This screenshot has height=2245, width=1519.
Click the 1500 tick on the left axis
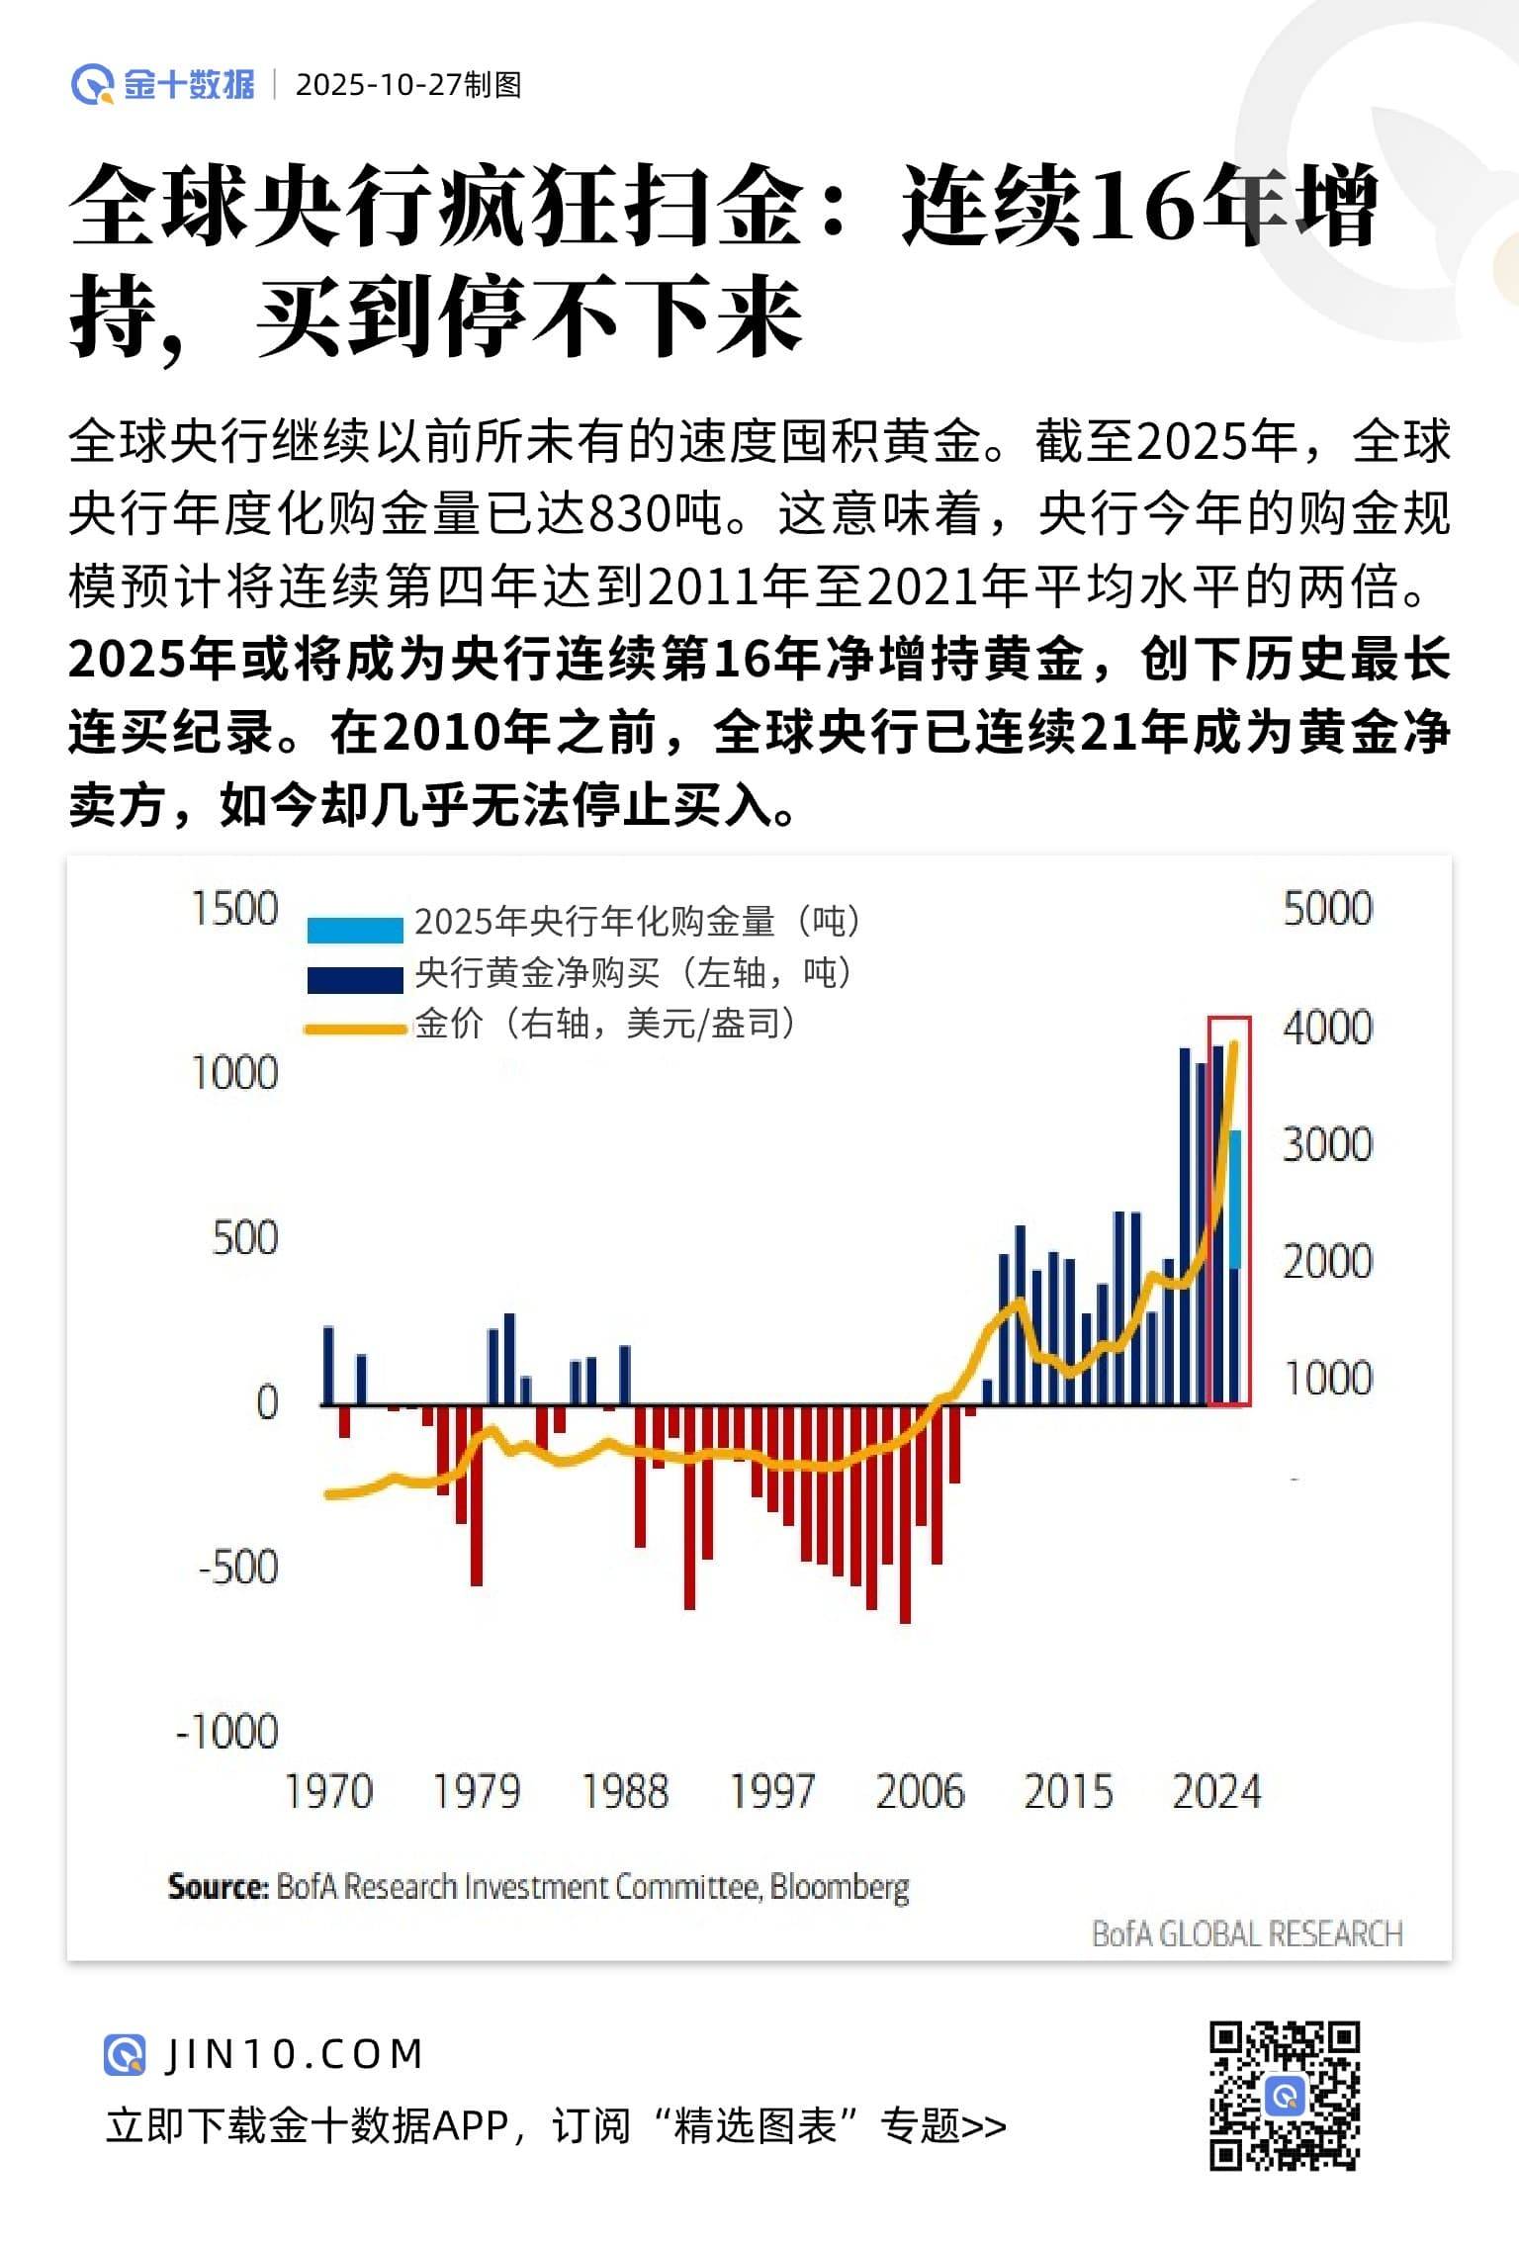pyautogui.click(x=235, y=909)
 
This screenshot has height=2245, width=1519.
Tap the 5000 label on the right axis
pyautogui.click(x=1327, y=909)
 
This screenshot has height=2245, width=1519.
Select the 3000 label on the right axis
pyautogui.click(x=1327, y=1144)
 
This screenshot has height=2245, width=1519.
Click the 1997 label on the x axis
pyautogui.click(x=771, y=1792)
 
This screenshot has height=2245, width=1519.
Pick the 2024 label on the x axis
pyautogui.click(x=1216, y=1792)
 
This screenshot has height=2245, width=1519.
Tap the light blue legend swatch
pyautogui.click(x=355, y=930)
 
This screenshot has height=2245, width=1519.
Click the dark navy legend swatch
pyautogui.click(x=355, y=979)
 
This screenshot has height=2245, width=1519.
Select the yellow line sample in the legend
pyautogui.click(x=355, y=1030)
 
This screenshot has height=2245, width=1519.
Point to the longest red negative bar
pyautogui.click(x=905, y=1513)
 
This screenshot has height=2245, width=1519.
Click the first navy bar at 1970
pyautogui.click(x=328, y=1365)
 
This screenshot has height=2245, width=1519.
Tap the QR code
pyautogui.click(x=1285, y=2096)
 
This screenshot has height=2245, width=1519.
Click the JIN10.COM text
pyautogui.click(x=294, y=2054)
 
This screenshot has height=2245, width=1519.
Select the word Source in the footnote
pyautogui.click(x=217, y=1887)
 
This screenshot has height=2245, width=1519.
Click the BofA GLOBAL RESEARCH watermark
pyautogui.click(x=1246, y=1933)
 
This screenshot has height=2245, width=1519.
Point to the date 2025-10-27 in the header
pyautogui.click(x=379, y=85)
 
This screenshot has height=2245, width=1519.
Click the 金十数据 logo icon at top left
pyautogui.click(x=93, y=85)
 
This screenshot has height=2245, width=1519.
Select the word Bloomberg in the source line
pyautogui.click(x=839, y=1887)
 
